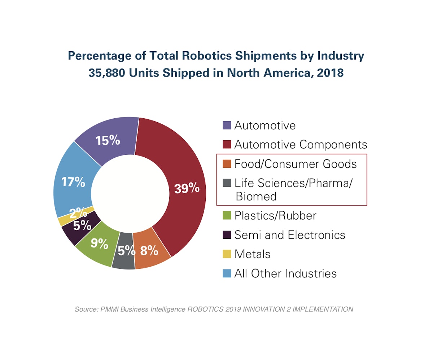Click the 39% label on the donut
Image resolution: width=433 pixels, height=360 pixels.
tap(187, 188)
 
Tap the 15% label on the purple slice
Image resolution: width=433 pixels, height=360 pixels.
tap(108, 140)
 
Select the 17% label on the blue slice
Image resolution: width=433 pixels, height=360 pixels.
tap(73, 182)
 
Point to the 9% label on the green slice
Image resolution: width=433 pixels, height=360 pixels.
tap(99, 244)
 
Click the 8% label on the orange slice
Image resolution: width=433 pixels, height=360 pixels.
tap(149, 250)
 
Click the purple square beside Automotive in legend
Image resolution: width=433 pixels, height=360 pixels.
tap(227, 126)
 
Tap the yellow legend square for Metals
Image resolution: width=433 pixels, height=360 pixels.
tap(227, 254)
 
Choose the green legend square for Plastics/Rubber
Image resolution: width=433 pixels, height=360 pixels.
tap(227, 216)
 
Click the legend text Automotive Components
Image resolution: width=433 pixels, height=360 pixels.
tap(301, 145)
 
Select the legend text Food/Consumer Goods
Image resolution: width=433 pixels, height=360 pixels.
tap(295, 164)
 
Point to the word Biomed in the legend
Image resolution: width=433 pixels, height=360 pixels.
tap(256, 196)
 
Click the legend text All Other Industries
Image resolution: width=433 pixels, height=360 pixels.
tap(285, 273)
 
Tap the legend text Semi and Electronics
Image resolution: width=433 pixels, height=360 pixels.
tap(290, 235)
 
